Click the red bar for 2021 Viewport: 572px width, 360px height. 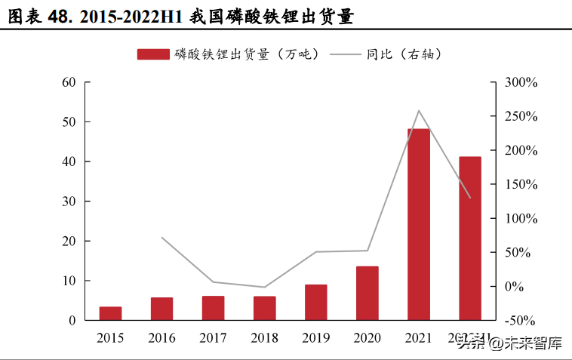point(419,224)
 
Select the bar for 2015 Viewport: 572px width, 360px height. point(110,313)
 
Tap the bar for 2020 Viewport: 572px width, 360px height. point(367,293)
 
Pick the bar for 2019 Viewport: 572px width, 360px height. point(316,302)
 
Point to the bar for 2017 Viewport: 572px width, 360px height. point(213,308)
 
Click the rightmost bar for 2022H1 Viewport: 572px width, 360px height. point(470,238)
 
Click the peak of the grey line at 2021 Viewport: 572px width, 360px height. point(419,111)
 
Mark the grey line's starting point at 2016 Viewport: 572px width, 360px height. point(161,238)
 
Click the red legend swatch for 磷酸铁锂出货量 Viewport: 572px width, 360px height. point(153,54)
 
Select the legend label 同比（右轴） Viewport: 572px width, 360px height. point(404,54)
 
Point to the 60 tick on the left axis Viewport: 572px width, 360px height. point(69,82)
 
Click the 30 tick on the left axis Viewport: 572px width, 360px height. point(69,202)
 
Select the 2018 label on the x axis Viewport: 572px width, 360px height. point(264,337)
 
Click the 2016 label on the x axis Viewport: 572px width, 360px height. point(161,337)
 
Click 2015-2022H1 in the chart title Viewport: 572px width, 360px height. point(129,17)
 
